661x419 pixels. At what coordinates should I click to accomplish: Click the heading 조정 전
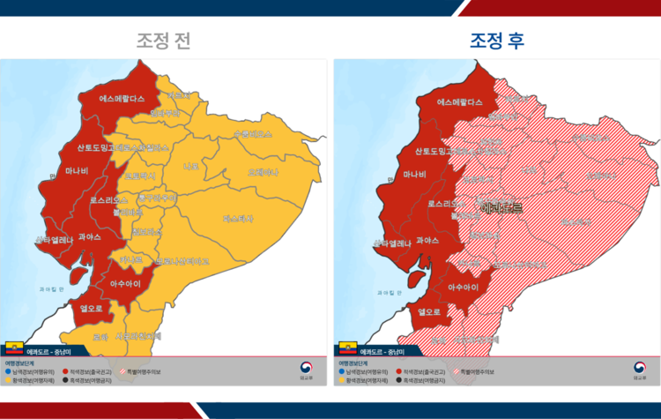pyautogui.click(x=163, y=41)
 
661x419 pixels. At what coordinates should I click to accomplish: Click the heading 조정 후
pyautogui.click(x=497, y=41)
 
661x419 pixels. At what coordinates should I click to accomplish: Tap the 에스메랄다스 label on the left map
pyautogui.click(x=122, y=100)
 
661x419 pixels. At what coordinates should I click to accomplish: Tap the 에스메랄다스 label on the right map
pyautogui.click(x=460, y=102)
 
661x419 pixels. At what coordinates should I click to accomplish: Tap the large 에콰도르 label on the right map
pyautogui.click(x=501, y=208)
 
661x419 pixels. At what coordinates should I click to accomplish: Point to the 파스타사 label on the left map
pyautogui.click(x=238, y=218)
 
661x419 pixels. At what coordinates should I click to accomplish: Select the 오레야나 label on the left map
pyautogui.click(x=262, y=172)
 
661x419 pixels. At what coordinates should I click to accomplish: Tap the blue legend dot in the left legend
pyautogui.click(x=8, y=371)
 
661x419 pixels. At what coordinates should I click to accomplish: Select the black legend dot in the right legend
pyautogui.click(x=401, y=379)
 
